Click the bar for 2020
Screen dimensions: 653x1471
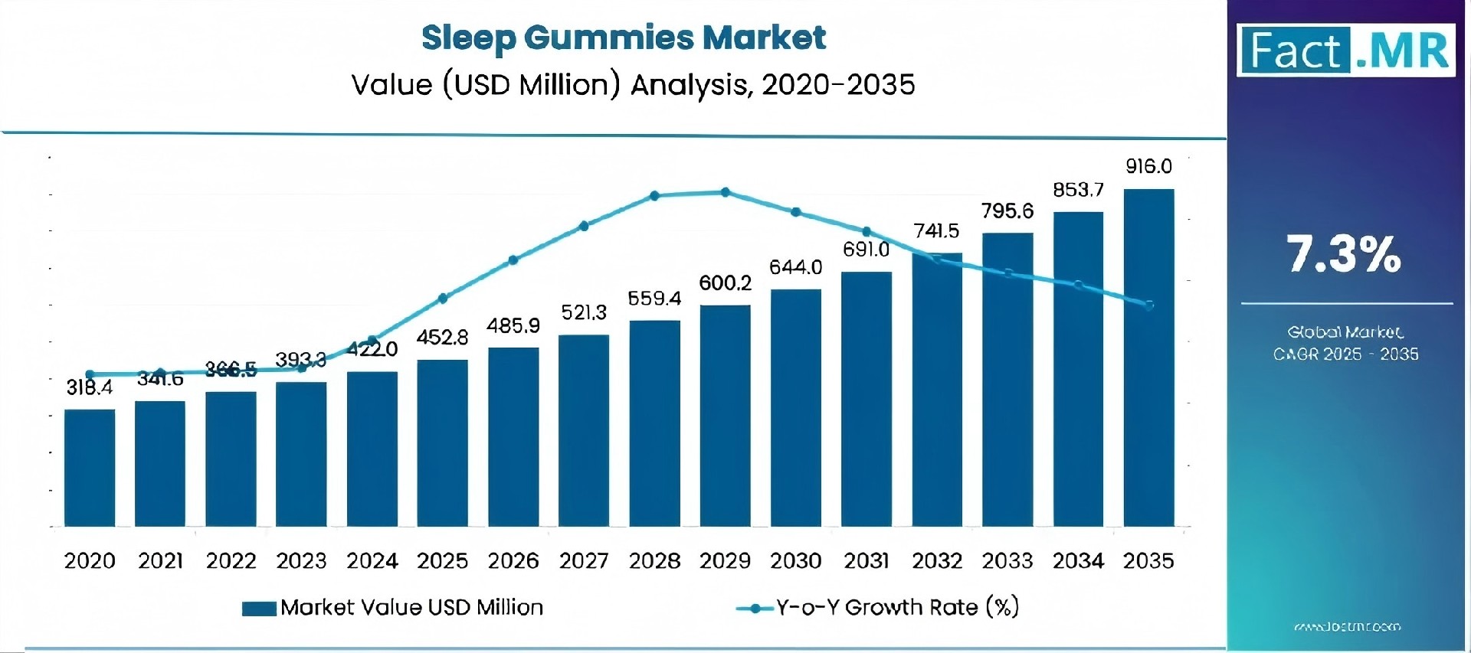pos(90,468)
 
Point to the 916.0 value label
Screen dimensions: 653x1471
pos(1148,166)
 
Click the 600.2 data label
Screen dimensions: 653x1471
pos(725,283)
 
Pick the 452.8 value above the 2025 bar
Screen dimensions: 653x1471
pos(442,338)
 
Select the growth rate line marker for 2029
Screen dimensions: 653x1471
pos(726,192)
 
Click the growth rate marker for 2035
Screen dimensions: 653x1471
pos(1149,305)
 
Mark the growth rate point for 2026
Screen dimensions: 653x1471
pos(513,260)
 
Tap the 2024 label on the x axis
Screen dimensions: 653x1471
pos(372,561)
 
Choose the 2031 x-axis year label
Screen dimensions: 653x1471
pos(866,561)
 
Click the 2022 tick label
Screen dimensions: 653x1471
pos(231,561)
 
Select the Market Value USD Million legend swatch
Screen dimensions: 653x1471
pos(259,609)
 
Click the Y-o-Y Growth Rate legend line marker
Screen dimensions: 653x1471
pos(755,609)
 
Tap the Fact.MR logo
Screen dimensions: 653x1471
pos(1345,51)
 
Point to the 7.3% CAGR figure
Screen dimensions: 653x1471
pos(1344,254)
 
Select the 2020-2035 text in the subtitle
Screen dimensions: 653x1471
pos(838,84)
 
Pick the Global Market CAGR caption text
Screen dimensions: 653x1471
pos(1345,343)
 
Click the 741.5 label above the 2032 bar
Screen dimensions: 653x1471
pos(936,231)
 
